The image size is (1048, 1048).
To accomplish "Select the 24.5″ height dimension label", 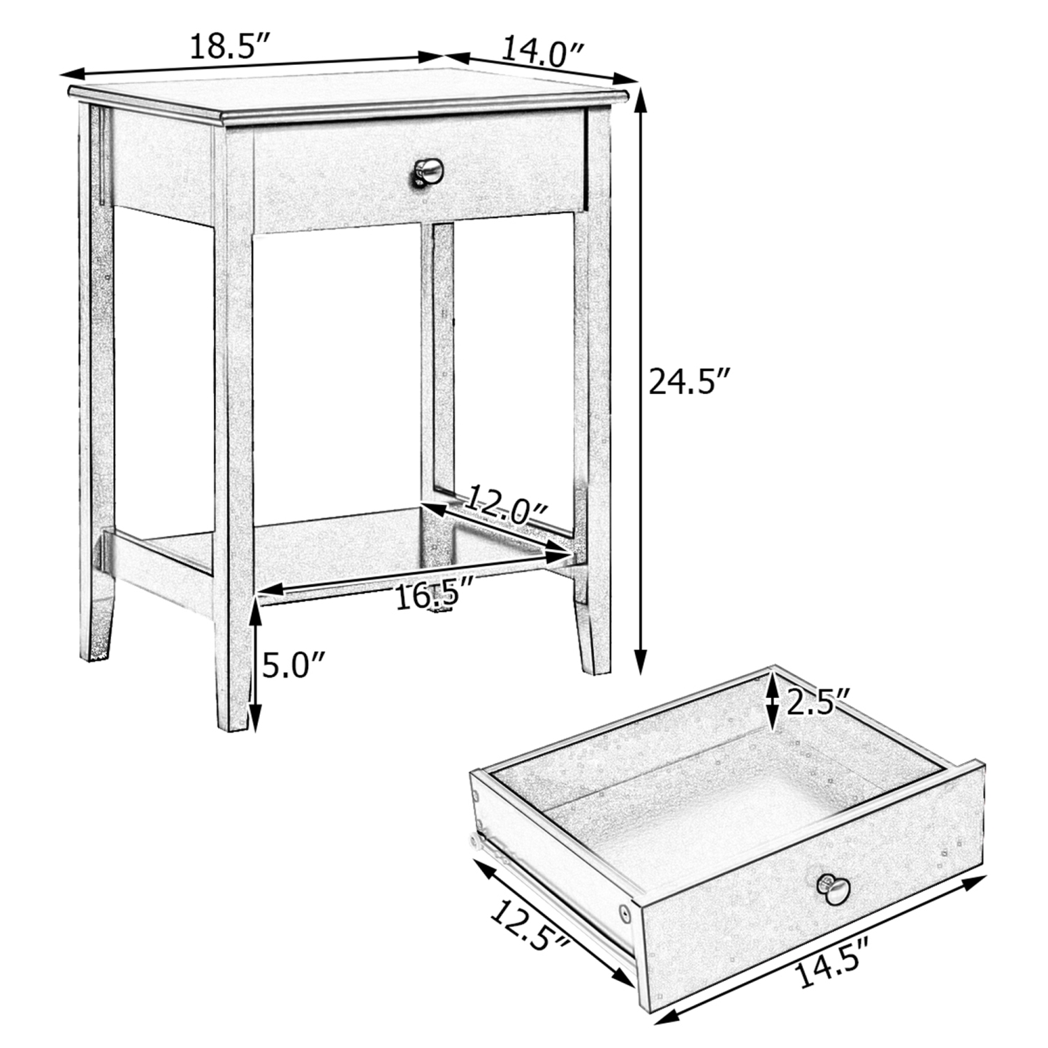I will click(690, 382).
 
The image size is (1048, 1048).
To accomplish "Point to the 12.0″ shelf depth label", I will click(507, 505).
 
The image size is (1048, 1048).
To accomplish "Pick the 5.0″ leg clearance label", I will click(294, 666).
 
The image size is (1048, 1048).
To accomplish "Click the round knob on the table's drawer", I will click(427, 170).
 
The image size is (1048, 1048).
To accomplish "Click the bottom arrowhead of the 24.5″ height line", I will click(641, 664).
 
